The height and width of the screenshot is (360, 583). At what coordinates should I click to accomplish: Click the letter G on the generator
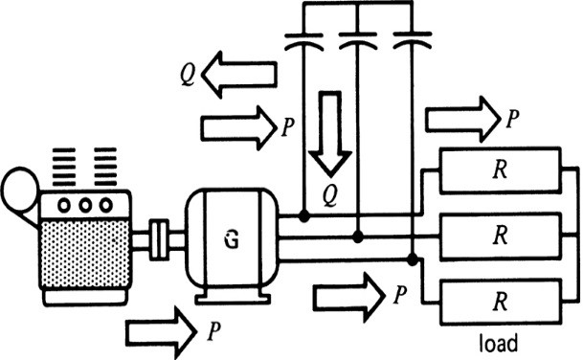(230, 239)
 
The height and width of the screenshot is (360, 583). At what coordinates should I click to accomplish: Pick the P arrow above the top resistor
(462, 119)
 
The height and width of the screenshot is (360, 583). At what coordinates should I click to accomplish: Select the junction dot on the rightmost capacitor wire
(412, 259)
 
